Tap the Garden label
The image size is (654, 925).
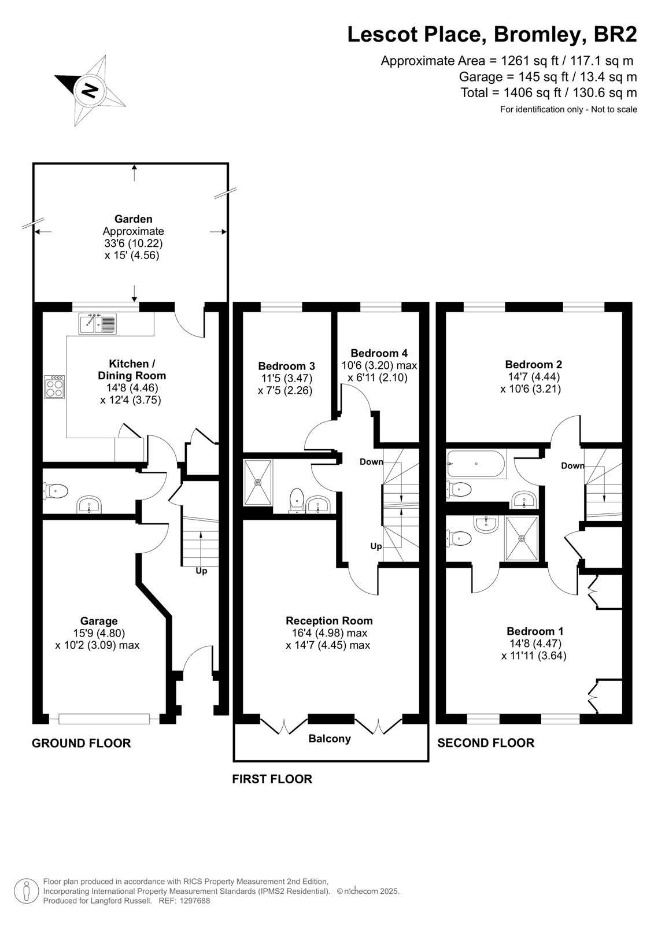click(134, 219)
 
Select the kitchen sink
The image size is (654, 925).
click(98, 323)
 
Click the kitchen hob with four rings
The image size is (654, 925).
click(55, 387)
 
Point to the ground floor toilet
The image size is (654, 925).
click(56, 491)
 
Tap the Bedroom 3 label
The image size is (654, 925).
click(286, 366)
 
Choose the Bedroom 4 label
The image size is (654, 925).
click(379, 353)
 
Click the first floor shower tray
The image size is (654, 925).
click(258, 482)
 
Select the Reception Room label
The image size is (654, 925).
click(329, 621)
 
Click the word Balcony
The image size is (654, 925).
click(329, 738)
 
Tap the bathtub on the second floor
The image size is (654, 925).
click(476, 463)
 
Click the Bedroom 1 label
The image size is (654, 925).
click(535, 631)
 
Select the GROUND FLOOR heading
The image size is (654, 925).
click(82, 743)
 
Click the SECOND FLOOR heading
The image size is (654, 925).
click(486, 743)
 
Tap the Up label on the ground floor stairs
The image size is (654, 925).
click(201, 571)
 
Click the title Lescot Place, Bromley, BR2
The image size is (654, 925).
click(492, 35)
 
